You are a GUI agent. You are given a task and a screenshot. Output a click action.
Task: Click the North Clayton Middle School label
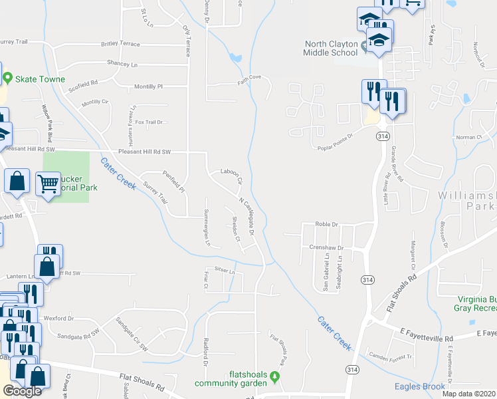[x=331, y=49]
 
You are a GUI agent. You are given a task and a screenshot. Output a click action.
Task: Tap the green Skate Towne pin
[x=8, y=78]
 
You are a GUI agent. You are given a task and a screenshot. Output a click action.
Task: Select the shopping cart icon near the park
[x=48, y=183]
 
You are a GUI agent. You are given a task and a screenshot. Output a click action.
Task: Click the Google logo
[x=21, y=390]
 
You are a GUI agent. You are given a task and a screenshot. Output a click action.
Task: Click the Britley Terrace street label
[x=120, y=44]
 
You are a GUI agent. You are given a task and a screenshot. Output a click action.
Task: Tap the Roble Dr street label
[x=327, y=225]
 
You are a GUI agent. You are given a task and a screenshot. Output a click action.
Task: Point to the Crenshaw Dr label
[x=326, y=247]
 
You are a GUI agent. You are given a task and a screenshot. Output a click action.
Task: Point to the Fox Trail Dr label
[x=149, y=122]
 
